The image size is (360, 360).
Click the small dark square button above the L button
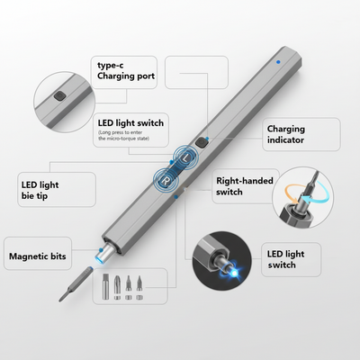pos(201,141)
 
